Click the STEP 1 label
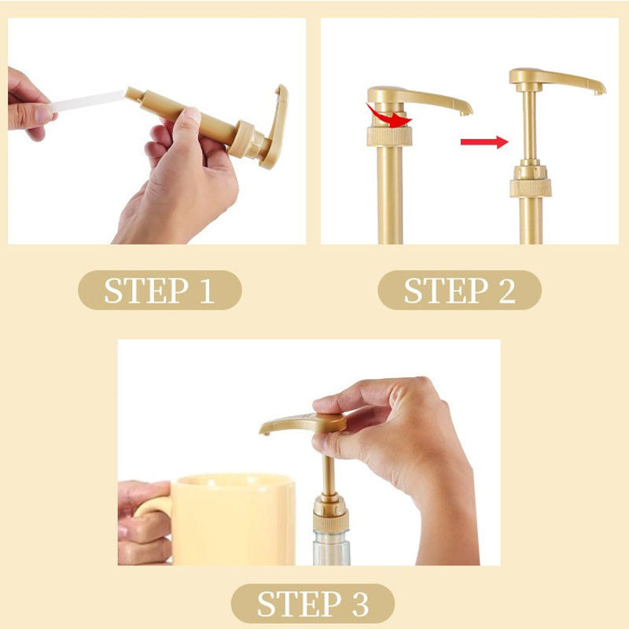tap(160, 290)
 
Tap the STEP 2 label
tap(460, 290)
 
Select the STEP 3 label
tap(313, 604)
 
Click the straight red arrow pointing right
tap(484, 142)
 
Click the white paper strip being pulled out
tap(89, 101)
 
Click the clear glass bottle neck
tap(331, 547)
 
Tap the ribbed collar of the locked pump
tap(389, 136)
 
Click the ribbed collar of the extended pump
tap(530, 188)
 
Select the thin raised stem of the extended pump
tap(529, 125)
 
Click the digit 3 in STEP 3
tap(360, 604)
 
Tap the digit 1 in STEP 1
tap(206, 290)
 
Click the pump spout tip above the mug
tap(265, 432)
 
